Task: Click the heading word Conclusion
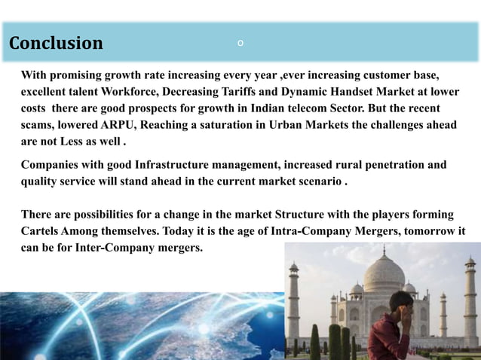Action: (56, 44)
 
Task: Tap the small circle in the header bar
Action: (240, 43)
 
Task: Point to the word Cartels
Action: (39, 231)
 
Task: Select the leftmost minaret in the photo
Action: (294, 301)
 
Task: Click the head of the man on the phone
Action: (400, 301)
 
